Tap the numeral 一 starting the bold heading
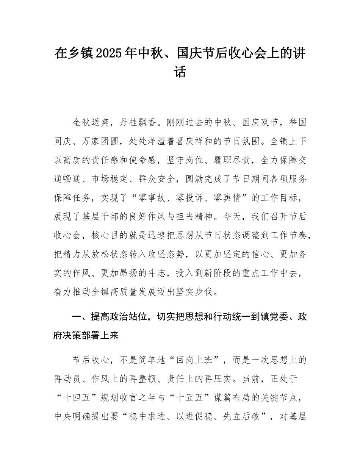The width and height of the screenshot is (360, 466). click(77, 316)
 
